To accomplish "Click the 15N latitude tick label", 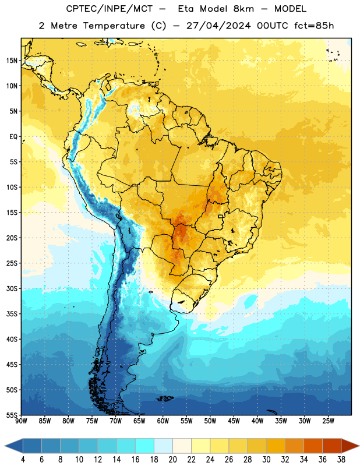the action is click(x=12, y=61).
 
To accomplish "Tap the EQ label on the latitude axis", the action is click(x=13, y=137).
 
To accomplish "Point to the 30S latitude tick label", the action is click(x=12, y=288).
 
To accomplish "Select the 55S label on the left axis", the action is click(x=12, y=415).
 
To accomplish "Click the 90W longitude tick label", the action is click(x=21, y=421).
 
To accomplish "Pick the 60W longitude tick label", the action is click(x=163, y=421).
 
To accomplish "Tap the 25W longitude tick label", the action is click(x=328, y=421).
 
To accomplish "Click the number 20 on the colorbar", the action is click(x=172, y=460).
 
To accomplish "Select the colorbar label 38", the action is click(x=341, y=460).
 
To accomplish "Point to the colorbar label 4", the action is click(x=23, y=460).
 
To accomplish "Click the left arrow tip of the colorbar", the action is click(x=5, y=446).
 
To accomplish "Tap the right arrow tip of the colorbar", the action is click(x=359, y=446).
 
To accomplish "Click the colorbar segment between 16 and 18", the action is click(x=145, y=446).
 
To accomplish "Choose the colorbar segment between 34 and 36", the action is click(x=313, y=446).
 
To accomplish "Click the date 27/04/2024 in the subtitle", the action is click(x=218, y=26).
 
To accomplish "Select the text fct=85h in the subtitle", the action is click(x=314, y=26).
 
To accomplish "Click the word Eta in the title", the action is click(x=186, y=9).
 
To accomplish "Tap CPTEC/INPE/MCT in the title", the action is click(x=109, y=9).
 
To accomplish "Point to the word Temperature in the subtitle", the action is click(x=114, y=26).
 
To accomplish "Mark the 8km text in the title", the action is click(x=243, y=9).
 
